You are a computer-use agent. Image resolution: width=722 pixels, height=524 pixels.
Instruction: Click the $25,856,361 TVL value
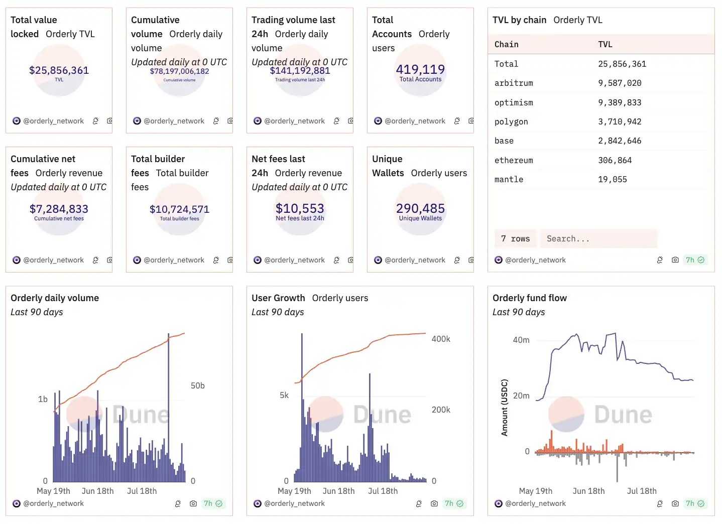pyautogui.click(x=59, y=70)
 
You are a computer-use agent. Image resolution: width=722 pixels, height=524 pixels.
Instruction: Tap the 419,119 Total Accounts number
pyautogui.click(x=420, y=69)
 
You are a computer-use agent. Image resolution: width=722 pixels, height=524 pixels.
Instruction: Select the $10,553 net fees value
pyautogui.click(x=300, y=208)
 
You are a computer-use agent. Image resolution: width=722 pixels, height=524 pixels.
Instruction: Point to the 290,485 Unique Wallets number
pyautogui.click(x=420, y=208)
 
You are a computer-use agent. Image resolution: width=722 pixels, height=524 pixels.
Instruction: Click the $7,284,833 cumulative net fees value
pyautogui.click(x=59, y=209)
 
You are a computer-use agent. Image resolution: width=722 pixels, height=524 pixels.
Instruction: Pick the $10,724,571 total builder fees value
pyautogui.click(x=179, y=209)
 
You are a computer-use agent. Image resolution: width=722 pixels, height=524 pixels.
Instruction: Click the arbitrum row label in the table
pyautogui.click(x=514, y=83)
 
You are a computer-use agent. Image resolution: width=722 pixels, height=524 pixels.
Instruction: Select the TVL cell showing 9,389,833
pyautogui.click(x=620, y=102)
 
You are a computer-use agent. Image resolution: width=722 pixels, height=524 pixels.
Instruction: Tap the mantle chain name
pyautogui.click(x=509, y=180)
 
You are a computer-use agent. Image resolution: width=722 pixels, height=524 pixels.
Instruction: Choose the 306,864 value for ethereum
pyautogui.click(x=615, y=161)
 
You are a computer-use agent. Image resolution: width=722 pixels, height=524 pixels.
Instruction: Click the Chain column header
pyautogui.click(x=506, y=44)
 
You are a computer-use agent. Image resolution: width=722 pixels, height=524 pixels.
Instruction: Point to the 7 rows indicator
pyautogui.click(x=515, y=239)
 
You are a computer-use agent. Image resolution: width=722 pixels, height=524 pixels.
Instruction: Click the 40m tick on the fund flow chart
pyautogui.click(x=521, y=340)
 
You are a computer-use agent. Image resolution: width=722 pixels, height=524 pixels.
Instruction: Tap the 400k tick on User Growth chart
pyautogui.click(x=441, y=339)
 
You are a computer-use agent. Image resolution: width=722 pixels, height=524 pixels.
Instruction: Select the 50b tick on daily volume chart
pyautogui.click(x=197, y=385)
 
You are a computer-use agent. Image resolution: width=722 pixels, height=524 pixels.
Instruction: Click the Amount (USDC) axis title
pyautogui.click(x=505, y=407)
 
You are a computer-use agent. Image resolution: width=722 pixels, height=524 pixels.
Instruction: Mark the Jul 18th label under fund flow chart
pyautogui.click(x=641, y=491)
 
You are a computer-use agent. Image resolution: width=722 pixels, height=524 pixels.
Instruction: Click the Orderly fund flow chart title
pyautogui.click(x=529, y=298)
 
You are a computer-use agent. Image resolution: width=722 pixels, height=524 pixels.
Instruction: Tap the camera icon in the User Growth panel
pyautogui.click(x=434, y=503)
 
